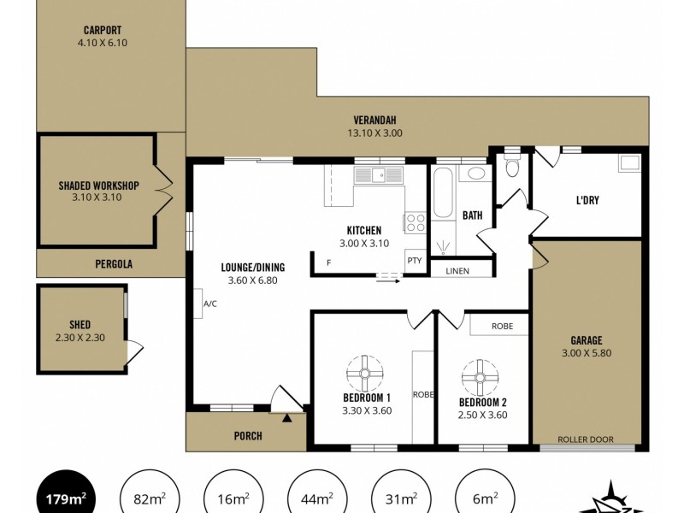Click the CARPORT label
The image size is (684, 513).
103,30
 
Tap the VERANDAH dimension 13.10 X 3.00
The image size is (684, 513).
374,133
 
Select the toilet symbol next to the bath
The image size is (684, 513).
512,164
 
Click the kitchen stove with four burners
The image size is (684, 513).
415,222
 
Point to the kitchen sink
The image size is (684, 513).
379,175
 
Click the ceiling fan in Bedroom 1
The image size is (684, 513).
365,374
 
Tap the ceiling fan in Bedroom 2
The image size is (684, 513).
480,377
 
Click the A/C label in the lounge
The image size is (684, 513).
209,304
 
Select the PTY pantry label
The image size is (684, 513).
415,261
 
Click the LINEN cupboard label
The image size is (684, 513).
457,271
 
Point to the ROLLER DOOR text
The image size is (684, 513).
586,439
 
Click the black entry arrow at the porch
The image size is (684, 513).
286,418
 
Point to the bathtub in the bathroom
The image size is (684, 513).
444,192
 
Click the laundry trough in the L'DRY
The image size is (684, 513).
629,162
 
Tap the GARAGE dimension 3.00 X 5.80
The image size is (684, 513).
587,353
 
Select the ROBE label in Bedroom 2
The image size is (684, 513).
502,326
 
